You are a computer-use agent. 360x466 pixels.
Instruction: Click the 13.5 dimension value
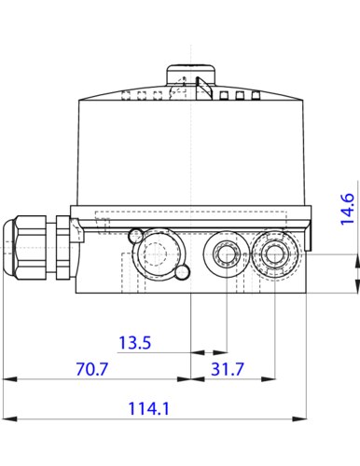point(135,343)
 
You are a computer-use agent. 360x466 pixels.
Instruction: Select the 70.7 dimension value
point(92,369)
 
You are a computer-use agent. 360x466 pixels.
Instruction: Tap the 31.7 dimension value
point(228,369)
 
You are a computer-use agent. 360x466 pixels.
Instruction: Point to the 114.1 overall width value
point(148,408)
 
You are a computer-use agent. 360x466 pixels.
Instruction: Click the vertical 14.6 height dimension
point(347,209)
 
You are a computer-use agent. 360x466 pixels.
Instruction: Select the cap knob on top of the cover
point(190,75)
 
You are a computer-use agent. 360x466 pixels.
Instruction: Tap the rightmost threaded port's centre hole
point(275,254)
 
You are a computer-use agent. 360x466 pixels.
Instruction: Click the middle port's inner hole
point(227,254)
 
